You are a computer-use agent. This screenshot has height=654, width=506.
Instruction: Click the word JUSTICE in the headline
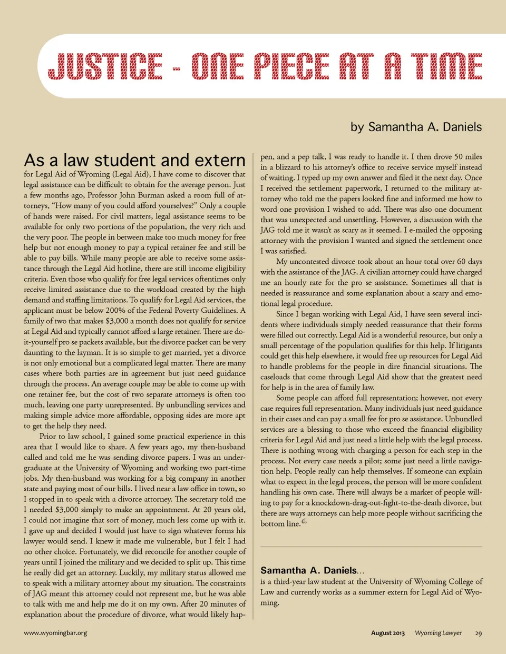(104, 66)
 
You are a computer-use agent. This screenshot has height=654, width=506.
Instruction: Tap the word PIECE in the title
(291, 66)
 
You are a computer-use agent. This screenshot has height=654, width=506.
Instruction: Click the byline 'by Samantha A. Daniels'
(416, 127)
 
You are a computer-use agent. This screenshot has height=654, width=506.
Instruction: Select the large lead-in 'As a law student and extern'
(134, 160)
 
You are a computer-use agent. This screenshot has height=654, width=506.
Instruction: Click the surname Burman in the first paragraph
(151, 195)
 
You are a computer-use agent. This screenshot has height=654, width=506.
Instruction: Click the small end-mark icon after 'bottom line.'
(304, 522)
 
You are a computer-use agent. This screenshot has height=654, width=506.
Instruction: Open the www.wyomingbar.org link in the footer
(55, 633)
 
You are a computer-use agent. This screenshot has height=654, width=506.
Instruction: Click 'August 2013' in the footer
(387, 633)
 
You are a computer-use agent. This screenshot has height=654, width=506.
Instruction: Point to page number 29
(478, 633)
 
